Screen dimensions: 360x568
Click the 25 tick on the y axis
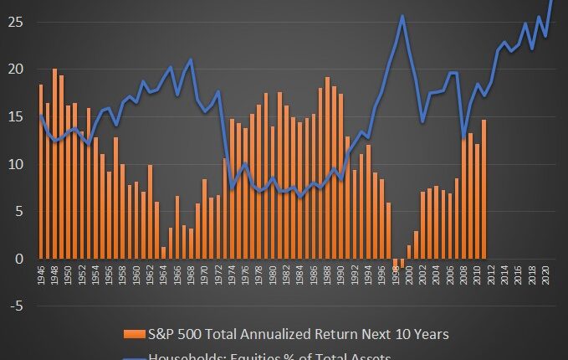[17, 22]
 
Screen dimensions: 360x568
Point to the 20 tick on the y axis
[17, 69]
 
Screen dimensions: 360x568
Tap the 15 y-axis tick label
[17, 117]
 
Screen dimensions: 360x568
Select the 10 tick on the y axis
[17, 165]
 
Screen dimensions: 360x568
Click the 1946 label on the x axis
[40, 276]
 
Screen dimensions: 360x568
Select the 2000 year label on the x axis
[409, 276]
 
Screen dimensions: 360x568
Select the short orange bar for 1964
[163, 253]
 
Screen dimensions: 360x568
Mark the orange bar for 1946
[40, 172]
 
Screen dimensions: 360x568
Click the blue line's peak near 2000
[402, 16]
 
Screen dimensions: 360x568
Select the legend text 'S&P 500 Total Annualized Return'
[276, 334]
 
